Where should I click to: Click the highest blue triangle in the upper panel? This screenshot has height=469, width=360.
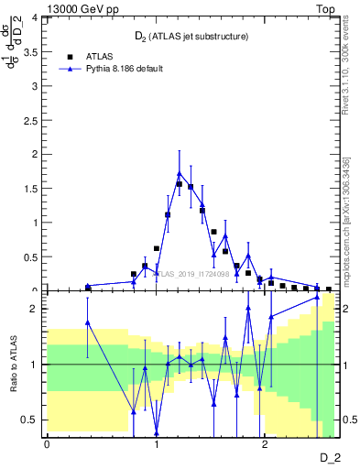pos(180,173)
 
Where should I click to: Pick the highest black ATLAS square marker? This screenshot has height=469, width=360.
pos(180,183)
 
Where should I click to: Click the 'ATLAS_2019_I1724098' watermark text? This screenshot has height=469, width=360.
pos(189,273)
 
